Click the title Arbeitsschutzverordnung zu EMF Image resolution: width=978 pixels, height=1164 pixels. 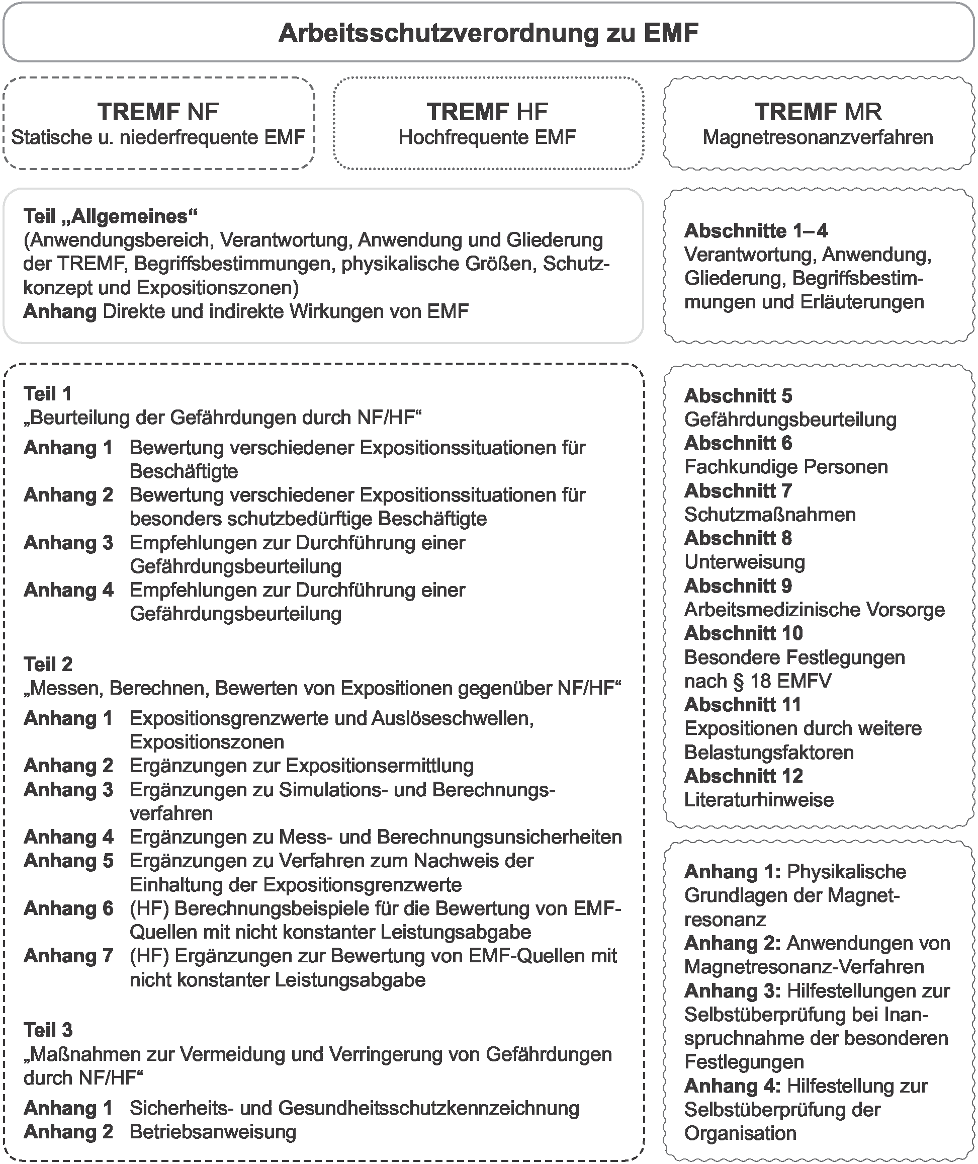(488, 33)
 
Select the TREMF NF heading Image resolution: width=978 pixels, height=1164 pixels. (158, 112)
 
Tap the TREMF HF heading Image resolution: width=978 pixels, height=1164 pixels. (487, 112)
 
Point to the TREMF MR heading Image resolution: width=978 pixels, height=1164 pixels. (818, 112)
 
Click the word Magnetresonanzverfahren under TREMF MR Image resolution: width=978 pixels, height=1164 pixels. (818, 137)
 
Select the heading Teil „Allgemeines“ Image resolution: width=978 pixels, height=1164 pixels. (110, 216)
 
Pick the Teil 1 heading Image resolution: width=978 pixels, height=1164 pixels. (48, 394)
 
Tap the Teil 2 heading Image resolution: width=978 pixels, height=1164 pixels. (48, 664)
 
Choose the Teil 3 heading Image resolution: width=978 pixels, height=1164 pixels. (48, 1030)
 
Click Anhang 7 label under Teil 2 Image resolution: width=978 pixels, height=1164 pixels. (68, 955)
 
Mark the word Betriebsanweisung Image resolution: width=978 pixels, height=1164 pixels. (213, 1131)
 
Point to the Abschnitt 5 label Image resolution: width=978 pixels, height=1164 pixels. (738, 395)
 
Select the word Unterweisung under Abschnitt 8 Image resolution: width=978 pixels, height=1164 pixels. (744, 562)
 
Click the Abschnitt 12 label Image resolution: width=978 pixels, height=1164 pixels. (744, 775)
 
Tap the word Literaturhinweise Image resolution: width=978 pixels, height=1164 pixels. (758, 799)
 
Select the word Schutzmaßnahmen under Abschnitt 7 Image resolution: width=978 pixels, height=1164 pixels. (769, 514)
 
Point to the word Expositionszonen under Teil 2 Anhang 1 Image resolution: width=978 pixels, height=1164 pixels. (207, 741)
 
